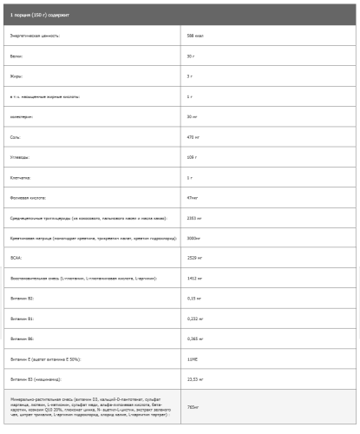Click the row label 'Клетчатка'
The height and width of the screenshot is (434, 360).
point(20,177)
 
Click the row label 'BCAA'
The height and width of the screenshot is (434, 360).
point(15,257)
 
